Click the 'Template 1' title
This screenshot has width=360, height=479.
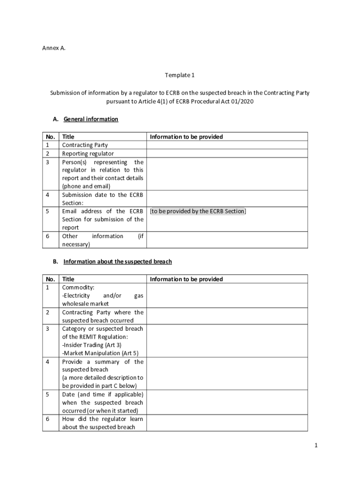180,75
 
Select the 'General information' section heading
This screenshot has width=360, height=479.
91,119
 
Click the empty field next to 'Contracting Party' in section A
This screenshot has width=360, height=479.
227,145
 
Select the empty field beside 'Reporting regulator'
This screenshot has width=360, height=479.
227,153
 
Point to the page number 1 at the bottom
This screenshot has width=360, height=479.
316,446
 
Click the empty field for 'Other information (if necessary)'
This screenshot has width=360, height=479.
227,240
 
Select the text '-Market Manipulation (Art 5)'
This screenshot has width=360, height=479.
100,353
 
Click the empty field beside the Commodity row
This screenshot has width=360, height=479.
227,295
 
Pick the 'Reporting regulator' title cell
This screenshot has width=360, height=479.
88,153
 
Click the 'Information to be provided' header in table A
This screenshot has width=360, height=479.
186,137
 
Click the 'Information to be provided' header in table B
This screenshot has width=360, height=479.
186,279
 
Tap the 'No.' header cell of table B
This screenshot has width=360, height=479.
50,279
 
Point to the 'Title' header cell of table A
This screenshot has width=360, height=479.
68,137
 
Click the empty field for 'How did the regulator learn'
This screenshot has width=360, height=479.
227,423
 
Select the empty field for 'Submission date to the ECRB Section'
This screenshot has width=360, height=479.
227,199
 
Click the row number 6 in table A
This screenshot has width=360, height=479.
48,236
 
